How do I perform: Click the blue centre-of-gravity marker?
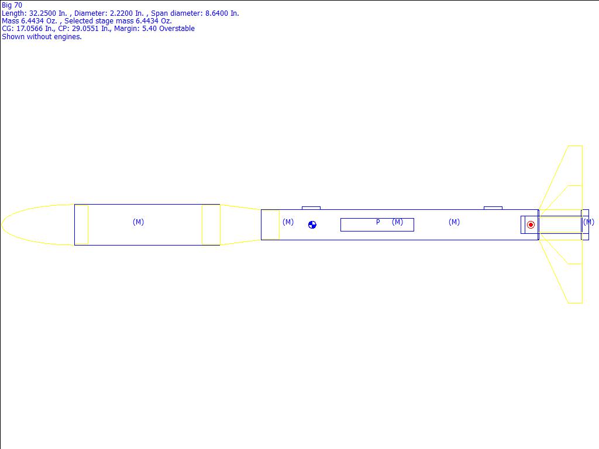(x=312, y=225)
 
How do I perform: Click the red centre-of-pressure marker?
(x=531, y=225)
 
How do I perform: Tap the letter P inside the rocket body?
(x=378, y=222)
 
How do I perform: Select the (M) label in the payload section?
(x=138, y=222)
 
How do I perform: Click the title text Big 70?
(x=12, y=5)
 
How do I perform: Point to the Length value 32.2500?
(x=43, y=13)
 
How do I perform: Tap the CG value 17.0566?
(x=29, y=29)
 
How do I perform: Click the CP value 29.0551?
(x=85, y=29)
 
